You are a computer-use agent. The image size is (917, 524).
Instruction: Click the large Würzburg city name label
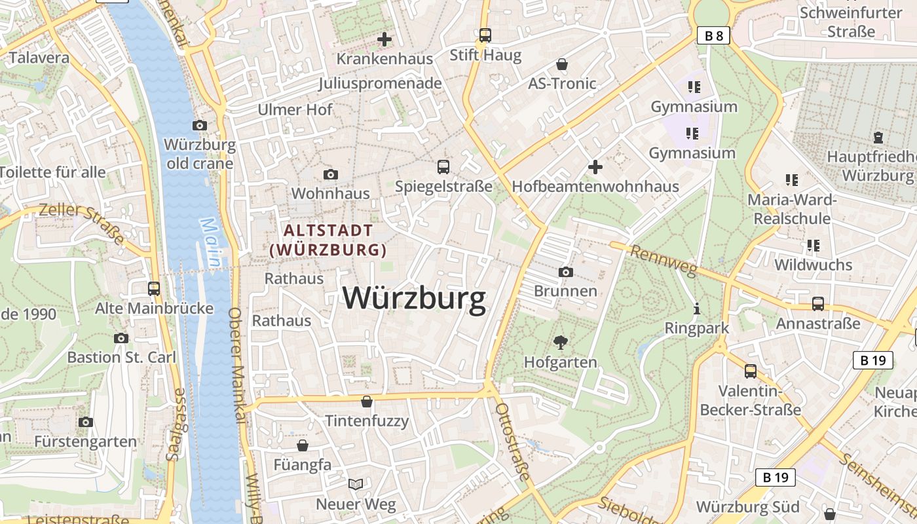[414, 299]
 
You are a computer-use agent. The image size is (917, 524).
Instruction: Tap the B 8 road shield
[713, 35]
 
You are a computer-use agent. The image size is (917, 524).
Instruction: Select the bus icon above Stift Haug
[485, 35]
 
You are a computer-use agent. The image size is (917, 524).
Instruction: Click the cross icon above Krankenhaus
[384, 39]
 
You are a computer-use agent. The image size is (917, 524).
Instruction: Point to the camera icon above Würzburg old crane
[200, 125]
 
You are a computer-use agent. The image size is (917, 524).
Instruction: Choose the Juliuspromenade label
[380, 83]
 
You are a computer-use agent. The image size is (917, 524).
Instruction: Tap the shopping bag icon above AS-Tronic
[561, 64]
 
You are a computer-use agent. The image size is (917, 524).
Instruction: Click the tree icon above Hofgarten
[560, 341]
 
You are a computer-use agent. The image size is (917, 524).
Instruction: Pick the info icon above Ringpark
[696, 308]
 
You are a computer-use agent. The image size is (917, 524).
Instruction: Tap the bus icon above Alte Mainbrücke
[154, 288]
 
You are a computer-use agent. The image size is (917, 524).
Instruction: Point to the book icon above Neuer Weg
[356, 485]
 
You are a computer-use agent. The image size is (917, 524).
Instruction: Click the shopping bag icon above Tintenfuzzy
[367, 401]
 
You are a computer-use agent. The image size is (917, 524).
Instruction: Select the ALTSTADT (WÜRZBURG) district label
[327, 240]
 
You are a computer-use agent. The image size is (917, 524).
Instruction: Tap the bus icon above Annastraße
[817, 304]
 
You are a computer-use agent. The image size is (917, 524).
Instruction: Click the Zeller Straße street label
[81, 222]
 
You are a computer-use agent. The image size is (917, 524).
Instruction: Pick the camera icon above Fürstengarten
[85, 422]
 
